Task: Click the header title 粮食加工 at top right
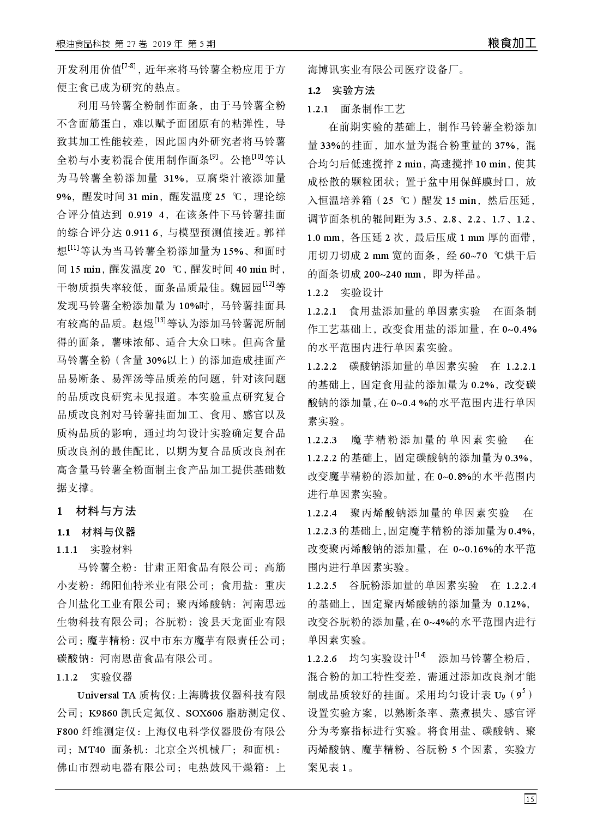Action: [512, 44]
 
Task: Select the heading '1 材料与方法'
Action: [97, 511]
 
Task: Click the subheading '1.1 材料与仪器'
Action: [97, 532]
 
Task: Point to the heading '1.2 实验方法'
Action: [341, 90]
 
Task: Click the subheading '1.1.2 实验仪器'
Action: [94, 677]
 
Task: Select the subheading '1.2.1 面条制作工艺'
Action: [356, 109]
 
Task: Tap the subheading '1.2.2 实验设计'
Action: [345, 293]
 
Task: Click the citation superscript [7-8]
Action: [129, 66]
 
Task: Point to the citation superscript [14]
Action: [420, 655]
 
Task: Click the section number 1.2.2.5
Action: [322, 586]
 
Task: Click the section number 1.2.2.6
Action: [322, 659]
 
